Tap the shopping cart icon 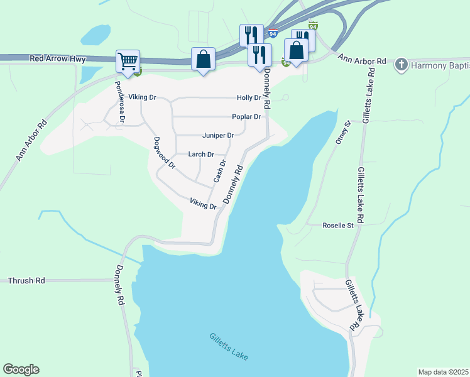[128, 62]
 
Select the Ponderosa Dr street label [119, 101]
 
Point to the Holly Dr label [249, 98]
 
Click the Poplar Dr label [246, 117]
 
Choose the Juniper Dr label [218, 136]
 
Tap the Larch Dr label [201, 155]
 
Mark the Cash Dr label [219, 171]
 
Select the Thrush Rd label [26, 281]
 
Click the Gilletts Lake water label [229, 346]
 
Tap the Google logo [21, 369]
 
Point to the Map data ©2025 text [443, 372]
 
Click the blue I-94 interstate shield [272, 32]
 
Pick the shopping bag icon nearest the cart [203, 60]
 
